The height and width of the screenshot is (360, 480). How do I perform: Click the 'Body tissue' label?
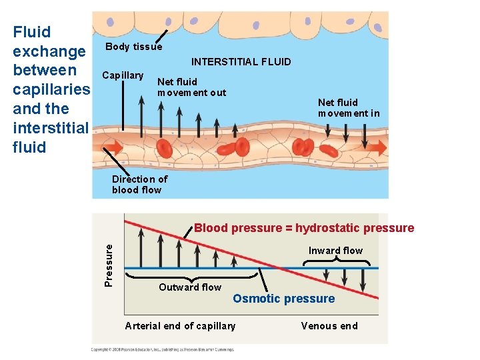coord(133,47)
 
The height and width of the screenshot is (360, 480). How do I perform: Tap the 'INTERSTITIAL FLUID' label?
coord(241,62)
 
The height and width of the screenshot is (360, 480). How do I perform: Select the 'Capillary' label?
coord(123,75)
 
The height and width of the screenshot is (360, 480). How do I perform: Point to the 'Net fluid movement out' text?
coord(191,87)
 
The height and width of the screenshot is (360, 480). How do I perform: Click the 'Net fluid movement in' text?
coord(348,107)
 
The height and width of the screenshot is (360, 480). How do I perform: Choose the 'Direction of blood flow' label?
coord(139,184)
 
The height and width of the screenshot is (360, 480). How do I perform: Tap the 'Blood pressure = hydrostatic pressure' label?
coord(304,228)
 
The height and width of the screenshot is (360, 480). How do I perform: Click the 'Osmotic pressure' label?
coord(283,299)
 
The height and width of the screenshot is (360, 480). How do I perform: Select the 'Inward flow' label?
coord(335,251)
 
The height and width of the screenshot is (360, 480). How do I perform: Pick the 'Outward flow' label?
coord(190,287)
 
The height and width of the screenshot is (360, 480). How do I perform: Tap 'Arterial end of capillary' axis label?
coord(180,326)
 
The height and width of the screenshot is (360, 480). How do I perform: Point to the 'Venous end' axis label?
coord(329,326)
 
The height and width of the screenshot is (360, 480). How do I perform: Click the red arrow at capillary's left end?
coord(113,146)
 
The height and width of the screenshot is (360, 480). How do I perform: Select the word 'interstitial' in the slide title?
coord(50,127)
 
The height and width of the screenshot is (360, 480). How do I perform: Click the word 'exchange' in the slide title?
coord(49,51)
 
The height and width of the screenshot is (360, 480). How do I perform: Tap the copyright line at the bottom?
coord(163,349)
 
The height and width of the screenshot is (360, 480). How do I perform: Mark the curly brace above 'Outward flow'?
coord(193,277)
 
